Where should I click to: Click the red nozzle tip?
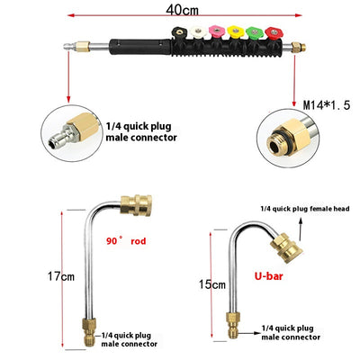click(x=273, y=33)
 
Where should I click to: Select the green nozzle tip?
click(x=255, y=32)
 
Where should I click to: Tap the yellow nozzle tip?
click(x=236, y=31)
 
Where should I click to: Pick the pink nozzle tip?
click(x=217, y=31)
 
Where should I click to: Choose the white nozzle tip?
click(x=198, y=31)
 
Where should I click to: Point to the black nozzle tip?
click(x=180, y=32)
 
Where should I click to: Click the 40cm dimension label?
click(x=183, y=10)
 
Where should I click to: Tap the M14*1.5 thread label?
click(x=327, y=105)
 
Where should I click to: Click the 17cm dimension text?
click(x=61, y=276)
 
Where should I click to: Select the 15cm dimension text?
click(x=212, y=284)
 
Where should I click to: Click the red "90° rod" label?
click(x=126, y=241)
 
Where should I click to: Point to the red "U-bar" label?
click(x=269, y=276)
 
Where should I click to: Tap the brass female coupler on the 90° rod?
click(x=136, y=205)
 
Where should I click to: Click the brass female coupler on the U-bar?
click(x=286, y=248)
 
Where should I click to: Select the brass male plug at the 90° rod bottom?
click(x=89, y=332)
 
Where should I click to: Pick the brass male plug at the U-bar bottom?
click(x=232, y=325)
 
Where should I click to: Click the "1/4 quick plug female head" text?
click(x=305, y=209)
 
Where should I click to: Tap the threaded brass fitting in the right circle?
click(x=291, y=137)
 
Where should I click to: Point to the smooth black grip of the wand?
click(x=140, y=47)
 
